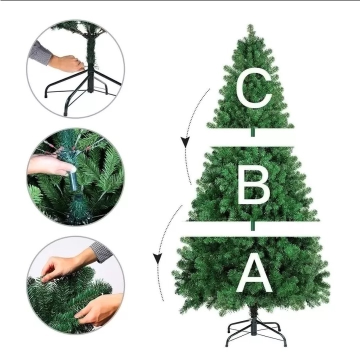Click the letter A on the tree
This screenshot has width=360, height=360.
point(254,275)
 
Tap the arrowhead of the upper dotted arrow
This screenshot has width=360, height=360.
point(185,142)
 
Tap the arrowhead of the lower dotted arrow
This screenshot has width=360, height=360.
point(157,259)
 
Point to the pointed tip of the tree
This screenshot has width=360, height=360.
point(250,25)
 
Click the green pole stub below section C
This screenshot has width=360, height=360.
point(252,132)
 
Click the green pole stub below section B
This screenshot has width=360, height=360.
point(253,225)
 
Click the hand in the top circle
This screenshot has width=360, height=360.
point(66,63)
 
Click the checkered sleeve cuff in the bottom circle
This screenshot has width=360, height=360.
point(101,251)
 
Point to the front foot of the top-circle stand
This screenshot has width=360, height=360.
point(65,113)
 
